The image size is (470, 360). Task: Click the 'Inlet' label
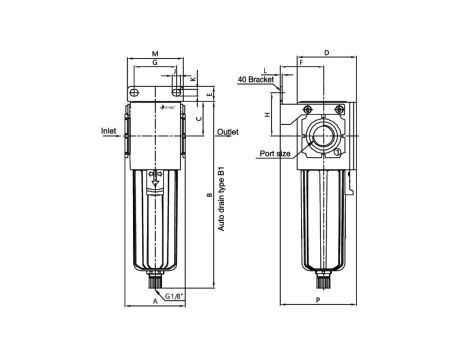tap(110, 131)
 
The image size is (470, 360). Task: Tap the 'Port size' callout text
tap(275, 154)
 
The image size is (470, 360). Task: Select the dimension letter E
tap(208, 94)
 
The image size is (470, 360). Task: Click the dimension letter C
tap(199, 118)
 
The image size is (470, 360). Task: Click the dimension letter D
tap(327, 51)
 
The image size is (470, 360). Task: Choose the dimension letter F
tap(300, 62)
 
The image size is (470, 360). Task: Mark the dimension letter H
tap(267, 116)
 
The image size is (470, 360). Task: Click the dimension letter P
tap(317, 300)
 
